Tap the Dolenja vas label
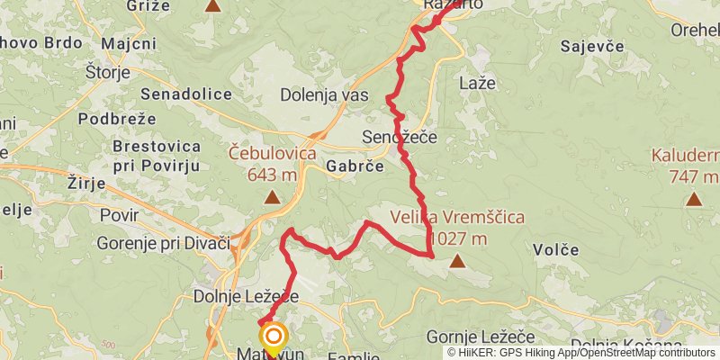(x=324, y=94)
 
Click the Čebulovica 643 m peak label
(x=272, y=163)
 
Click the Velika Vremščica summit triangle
(x=457, y=262)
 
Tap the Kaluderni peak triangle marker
(x=693, y=198)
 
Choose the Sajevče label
(x=593, y=45)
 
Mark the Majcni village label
(x=129, y=43)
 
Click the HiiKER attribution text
(x=581, y=352)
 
